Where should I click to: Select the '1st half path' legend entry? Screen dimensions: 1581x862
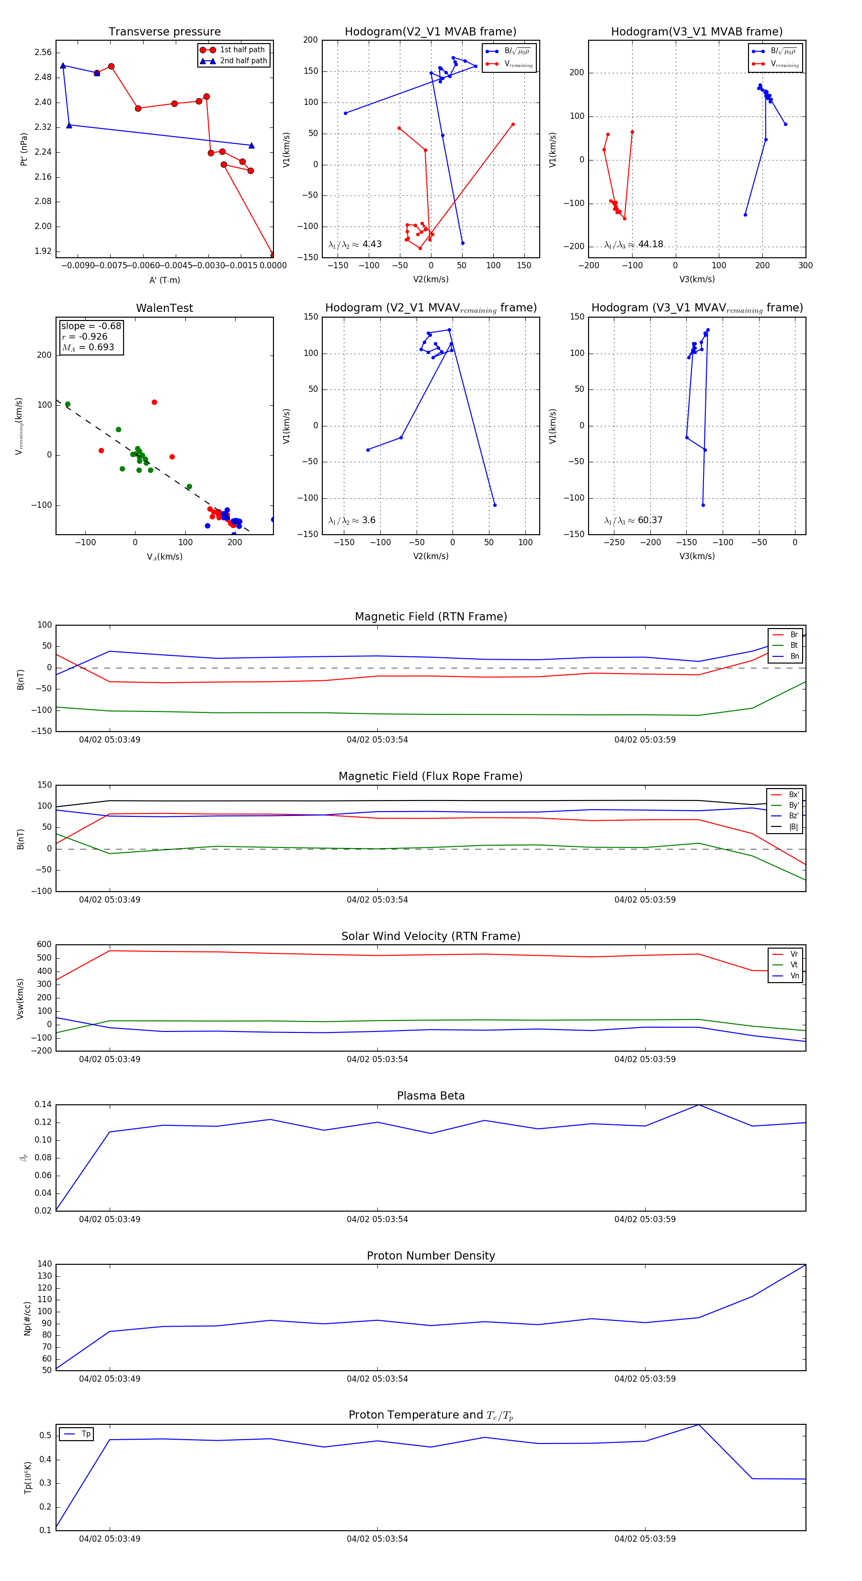(x=242, y=50)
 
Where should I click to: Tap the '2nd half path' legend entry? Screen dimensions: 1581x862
(x=243, y=61)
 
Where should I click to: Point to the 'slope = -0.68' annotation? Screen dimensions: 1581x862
(x=91, y=326)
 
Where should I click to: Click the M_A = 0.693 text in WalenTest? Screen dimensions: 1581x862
(x=88, y=347)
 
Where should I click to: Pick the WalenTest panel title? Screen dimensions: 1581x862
(x=164, y=308)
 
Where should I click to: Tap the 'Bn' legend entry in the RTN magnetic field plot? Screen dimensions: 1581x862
(x=794, y=656)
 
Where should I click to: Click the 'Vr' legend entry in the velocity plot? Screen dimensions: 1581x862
(x=794, y=954)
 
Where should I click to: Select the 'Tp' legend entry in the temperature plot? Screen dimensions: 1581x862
(x=85, y=1434)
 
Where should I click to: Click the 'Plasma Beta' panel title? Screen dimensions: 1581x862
(x=431, y=1096)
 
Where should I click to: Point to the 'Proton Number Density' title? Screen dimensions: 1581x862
(x=431, y=1256)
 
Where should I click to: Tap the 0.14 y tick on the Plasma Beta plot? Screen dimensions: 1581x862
(x=43, y=1105)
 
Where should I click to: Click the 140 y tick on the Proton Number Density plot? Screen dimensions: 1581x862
(x=45, y=1264)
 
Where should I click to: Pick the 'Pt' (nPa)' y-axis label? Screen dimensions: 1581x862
(x=23, y=149)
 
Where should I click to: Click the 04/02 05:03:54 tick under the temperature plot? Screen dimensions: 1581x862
(x=377, y=1539)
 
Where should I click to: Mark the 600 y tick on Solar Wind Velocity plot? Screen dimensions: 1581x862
(x=44, y=945)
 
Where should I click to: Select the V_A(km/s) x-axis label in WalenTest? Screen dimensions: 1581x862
(x=164, y=557)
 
